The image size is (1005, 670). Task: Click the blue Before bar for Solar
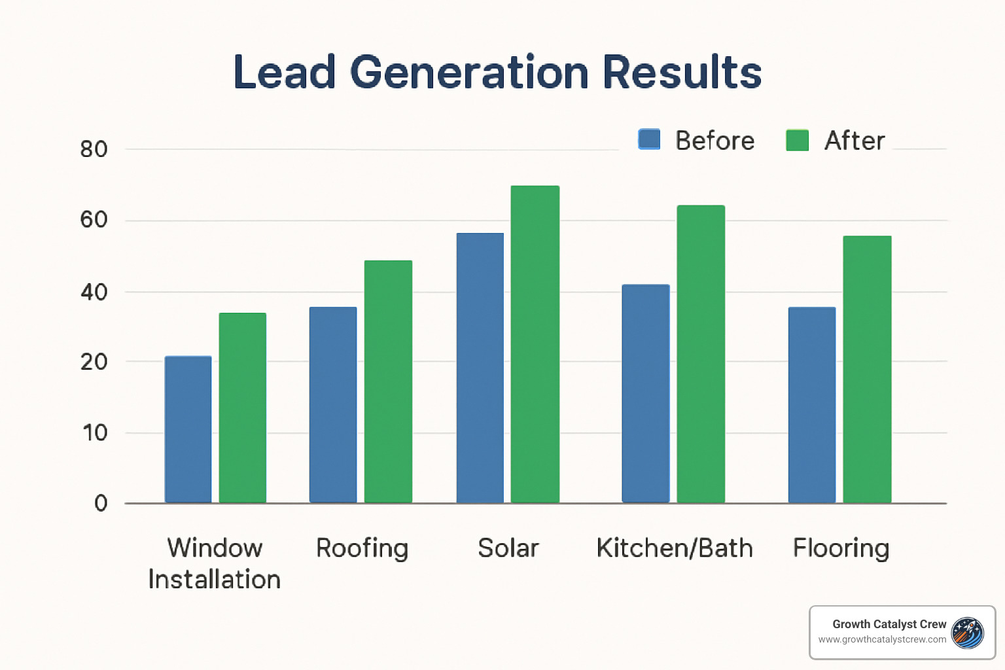click(x=480, y=368)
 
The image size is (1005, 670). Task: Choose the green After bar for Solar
click(x=535, y=344)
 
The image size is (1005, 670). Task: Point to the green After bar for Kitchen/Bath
click(x=701, y=354)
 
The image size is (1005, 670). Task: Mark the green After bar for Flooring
click(x=867, y=369)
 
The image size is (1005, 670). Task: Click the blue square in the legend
click(x=649, y=139)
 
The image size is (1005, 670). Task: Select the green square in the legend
click(x=797, y=140)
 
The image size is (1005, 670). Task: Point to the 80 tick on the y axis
click(x=94, y=149)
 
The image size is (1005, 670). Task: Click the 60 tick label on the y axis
click(x=94, y=220)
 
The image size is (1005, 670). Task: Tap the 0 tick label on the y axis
click(x=101, y=503)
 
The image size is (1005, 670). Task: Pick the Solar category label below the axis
click(x=508, y=548)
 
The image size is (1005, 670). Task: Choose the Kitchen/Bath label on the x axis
click(x=675, y=548)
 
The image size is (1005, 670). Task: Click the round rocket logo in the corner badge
click(x=968, y=633)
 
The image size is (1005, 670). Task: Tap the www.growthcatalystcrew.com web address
click(x=881, y=639)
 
